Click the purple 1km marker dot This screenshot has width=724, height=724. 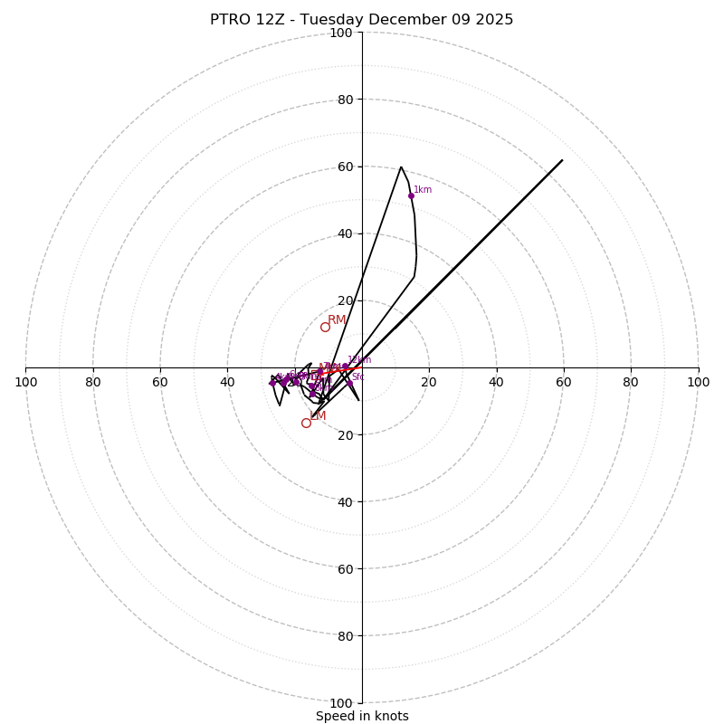tap(411, 195)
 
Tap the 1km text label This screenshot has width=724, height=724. tap(423, 190)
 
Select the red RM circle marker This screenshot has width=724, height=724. tap(325, 327)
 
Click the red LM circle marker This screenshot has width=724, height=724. tap(306, 423)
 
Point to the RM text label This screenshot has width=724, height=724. tap(337, 319)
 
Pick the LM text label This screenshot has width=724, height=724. tap(318, 415)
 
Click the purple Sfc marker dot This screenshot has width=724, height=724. tap(349, 383)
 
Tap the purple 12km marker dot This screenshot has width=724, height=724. tap(345, 367)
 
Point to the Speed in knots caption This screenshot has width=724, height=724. tap(362, 716)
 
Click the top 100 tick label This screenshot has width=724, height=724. tap(341, 33)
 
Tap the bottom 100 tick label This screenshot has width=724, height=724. tap(341, 703)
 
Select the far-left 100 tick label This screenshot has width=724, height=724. tap(26, 382)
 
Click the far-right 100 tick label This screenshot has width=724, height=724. tap(698, 382)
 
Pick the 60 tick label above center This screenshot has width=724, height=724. tap(345, 167)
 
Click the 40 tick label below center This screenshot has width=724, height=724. tap(345, 501)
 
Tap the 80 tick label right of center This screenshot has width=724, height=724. tap(631, 382)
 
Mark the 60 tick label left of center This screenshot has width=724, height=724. tap(160, 382)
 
